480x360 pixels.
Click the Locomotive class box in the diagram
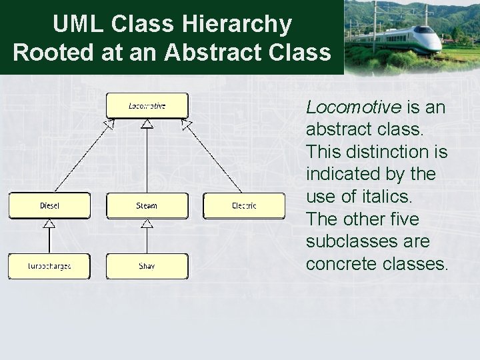147,106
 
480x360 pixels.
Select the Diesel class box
49,205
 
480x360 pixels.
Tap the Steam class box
147,205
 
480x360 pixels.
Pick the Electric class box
244,205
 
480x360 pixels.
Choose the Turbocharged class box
49,266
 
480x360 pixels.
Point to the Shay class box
147,266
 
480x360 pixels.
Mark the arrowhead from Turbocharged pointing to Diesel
49,223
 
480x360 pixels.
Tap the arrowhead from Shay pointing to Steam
147,223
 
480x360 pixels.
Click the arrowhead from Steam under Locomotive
147,124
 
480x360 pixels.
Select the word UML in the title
78,24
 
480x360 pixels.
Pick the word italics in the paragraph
385,197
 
